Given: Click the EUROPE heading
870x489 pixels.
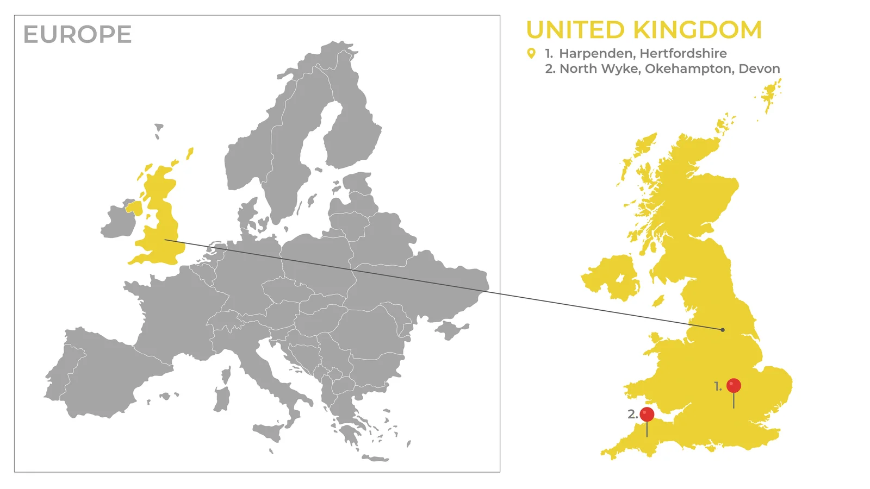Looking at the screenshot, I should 77,35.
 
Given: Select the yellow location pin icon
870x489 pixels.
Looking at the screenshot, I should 531,53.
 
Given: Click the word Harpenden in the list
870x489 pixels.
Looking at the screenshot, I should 596,53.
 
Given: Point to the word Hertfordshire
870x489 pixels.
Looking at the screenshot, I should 683,53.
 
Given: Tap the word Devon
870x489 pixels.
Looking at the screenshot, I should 759,68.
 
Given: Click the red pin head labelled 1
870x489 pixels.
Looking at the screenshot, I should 734,386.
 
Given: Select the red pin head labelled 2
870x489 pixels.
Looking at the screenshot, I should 647,415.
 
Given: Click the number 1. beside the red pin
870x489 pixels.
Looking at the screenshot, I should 718,386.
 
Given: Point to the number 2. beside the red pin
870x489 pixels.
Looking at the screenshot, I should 632,414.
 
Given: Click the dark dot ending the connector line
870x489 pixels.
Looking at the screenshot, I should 723,330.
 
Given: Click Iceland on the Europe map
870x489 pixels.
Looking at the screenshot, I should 159,129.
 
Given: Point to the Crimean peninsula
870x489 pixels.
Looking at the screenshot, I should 451,329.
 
